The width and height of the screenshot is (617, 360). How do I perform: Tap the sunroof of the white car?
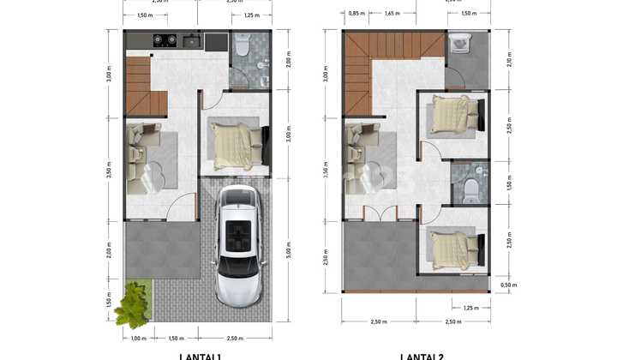click(x=237, y=232)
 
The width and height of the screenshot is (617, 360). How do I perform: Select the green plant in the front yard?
click(x=133, y=305)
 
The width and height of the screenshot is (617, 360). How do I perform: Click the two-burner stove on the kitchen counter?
click(x=165, y=40)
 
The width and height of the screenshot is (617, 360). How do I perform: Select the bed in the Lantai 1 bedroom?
click(x=234, y=146)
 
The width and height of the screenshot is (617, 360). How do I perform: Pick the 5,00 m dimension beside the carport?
click(x=287, y=254)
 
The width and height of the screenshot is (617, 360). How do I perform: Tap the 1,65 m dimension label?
click(x=392, y=14)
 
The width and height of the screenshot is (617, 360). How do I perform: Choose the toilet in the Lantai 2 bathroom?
click(x=470, y=189)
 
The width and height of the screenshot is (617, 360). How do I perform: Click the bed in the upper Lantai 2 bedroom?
click(x=451, y=113)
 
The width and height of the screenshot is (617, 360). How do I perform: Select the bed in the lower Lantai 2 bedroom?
click(x=451, y=249)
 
